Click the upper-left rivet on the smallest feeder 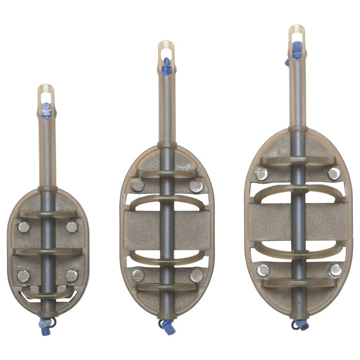[x=24, y=227]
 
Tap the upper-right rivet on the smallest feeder [x=72, y=227]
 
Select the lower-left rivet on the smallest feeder [x=24, y=276]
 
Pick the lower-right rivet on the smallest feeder [x=72, y=276]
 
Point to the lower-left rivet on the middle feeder [x=138, y=275]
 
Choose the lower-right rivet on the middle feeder [x=196, y=276]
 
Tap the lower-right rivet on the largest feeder [x=335, y=270]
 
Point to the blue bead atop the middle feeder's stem [x=167, y=65]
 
